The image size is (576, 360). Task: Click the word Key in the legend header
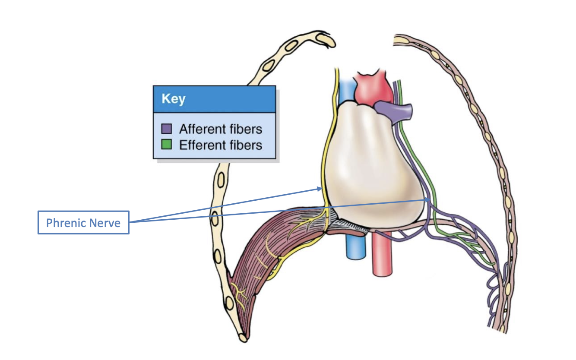pos(173,99)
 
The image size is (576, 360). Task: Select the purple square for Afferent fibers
pos(167,129)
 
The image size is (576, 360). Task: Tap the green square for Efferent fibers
pos(167,144)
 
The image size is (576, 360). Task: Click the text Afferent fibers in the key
pos(221,129)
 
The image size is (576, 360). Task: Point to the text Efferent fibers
pos(221,145)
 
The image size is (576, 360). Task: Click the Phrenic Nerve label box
pos(83,222)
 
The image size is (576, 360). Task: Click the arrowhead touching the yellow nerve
pos(320,188)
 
